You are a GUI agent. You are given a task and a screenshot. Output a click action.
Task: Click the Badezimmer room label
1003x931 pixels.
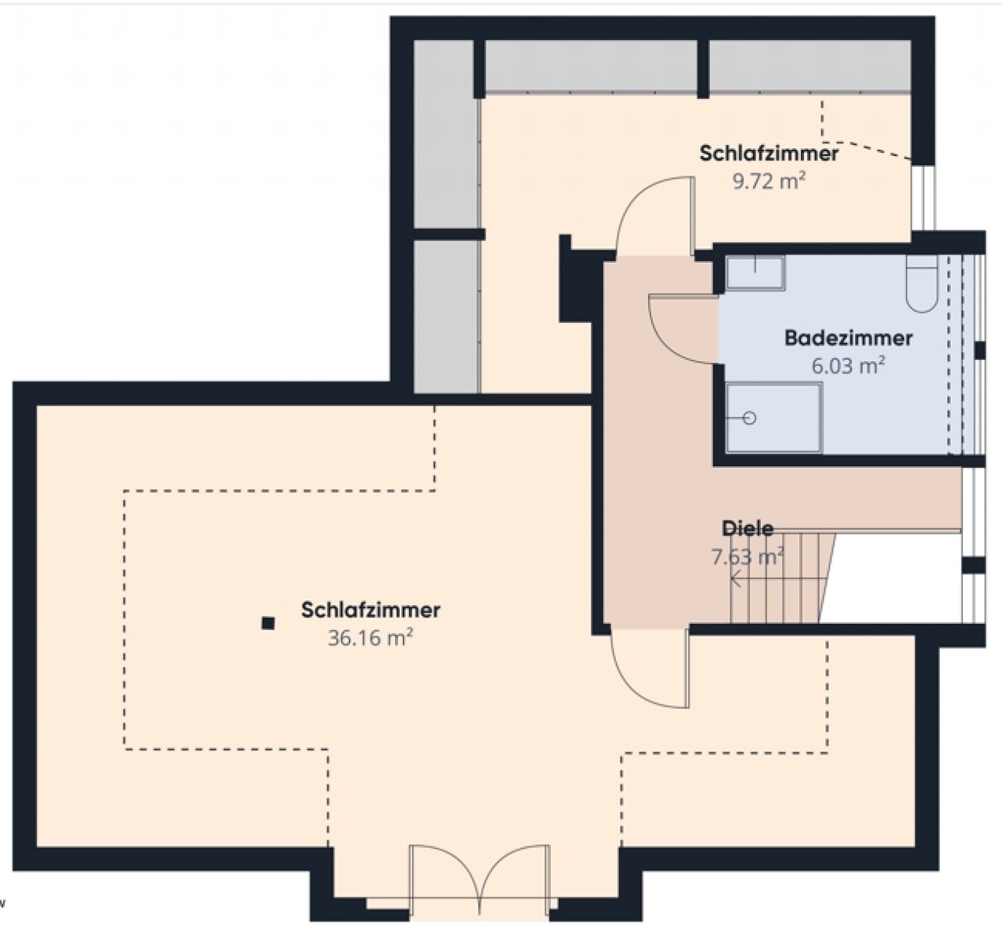coord(849,338)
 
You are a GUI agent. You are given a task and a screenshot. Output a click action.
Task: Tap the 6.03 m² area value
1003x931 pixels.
coord(849,365)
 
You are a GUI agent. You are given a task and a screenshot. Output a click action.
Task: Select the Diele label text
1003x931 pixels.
coord(748,528)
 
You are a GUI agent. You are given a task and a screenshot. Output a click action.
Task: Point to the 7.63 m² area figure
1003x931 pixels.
coord(748,556)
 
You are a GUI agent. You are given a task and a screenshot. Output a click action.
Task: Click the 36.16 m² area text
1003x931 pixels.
coord(371,638)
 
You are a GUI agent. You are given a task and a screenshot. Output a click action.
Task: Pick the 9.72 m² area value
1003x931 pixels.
coord(769,181)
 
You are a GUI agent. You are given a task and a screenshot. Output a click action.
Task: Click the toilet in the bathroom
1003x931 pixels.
coord(922,284)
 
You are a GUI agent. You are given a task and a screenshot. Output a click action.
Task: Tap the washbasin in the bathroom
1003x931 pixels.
coord(755,273)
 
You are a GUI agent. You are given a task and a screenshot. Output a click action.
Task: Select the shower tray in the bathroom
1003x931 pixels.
coord(774,418)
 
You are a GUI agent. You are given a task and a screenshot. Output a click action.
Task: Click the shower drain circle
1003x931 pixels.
coord(750,418)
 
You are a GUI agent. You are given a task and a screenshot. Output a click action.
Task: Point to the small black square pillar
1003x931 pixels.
coord(268,623)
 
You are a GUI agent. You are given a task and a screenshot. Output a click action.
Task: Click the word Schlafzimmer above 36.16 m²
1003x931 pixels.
coord(371,610)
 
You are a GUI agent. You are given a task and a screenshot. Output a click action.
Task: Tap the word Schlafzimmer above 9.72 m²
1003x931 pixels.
coord(769,154)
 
